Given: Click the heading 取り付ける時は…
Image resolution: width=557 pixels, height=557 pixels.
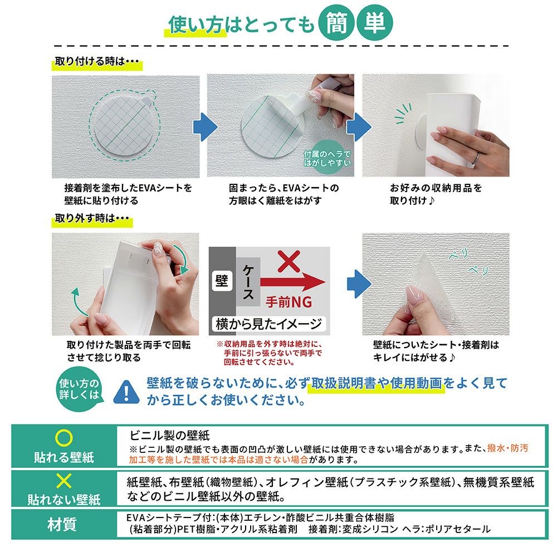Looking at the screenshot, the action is coord(97,61).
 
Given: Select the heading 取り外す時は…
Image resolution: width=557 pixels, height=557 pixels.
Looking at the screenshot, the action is coord(92,218).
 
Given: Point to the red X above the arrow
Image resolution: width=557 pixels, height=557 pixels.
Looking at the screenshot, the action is coord(289,261).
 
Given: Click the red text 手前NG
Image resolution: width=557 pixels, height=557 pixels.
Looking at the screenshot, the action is coord(289,302).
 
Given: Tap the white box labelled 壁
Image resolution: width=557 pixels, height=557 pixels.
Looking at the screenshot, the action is coord(222,281).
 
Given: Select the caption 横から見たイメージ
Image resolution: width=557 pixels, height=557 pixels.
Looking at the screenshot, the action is coord(268,324).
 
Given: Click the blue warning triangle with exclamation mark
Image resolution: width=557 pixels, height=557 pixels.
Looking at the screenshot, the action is coord(126,392).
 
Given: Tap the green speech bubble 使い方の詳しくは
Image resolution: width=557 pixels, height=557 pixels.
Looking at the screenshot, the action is coord(79,389).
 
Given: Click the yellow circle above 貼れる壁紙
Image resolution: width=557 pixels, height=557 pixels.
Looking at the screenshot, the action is coord(64,438).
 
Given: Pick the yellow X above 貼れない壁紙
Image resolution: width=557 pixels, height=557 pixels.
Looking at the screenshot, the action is coord(64,481).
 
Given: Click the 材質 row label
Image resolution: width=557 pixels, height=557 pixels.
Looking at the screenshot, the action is coord(62,524).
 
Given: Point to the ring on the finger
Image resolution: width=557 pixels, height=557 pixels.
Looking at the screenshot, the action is coord(476,158).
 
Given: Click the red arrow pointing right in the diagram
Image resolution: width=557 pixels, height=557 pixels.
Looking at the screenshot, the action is coord(293,282).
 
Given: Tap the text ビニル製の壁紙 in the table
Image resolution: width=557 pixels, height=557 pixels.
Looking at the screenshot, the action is coord(169,436).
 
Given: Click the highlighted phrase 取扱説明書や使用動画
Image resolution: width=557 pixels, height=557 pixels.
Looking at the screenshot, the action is coord(377,384).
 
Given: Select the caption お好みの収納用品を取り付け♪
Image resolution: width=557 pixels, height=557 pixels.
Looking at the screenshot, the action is coord(436,194).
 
